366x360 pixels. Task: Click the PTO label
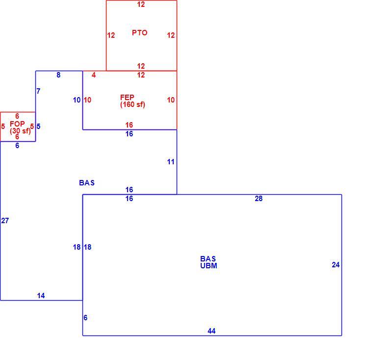(x=140, y=33)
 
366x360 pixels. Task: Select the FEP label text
(x=127, y=97)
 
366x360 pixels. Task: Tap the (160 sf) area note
(x=132, y=104)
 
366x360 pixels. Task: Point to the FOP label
(x=17, y=124)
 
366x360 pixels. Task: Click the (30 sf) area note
(x=20, y=131)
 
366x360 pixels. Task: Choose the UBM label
(x=209, y=265)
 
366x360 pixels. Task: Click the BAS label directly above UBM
(x=208, y=259)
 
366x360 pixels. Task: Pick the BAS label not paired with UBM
(x=87, y=182)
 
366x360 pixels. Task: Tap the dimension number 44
(x=211, y=331)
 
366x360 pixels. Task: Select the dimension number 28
(x=259, y=199)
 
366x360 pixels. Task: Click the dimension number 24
(x=336, y=265)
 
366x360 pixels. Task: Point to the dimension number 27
(x=5, y=221)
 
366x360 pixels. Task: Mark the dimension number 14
(x=41, y=296)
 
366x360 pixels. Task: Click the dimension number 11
(x=171, y=162)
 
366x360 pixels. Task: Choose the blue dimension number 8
(x=58, y=75)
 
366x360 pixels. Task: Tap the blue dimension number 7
(x=39, y=91)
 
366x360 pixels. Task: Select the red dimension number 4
(x=94, y=75)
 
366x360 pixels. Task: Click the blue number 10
(x=77, y=100)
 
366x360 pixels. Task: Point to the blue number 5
(x=39, y=126)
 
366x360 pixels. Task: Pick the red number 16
(x=129, y=125)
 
